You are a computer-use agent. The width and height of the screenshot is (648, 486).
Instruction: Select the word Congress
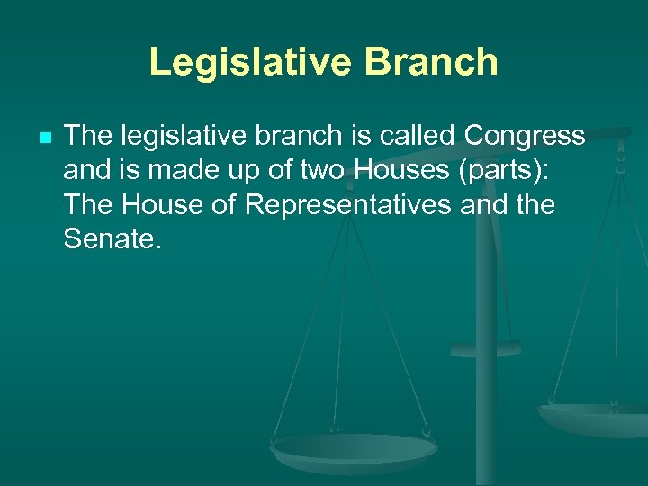(524, 136)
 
